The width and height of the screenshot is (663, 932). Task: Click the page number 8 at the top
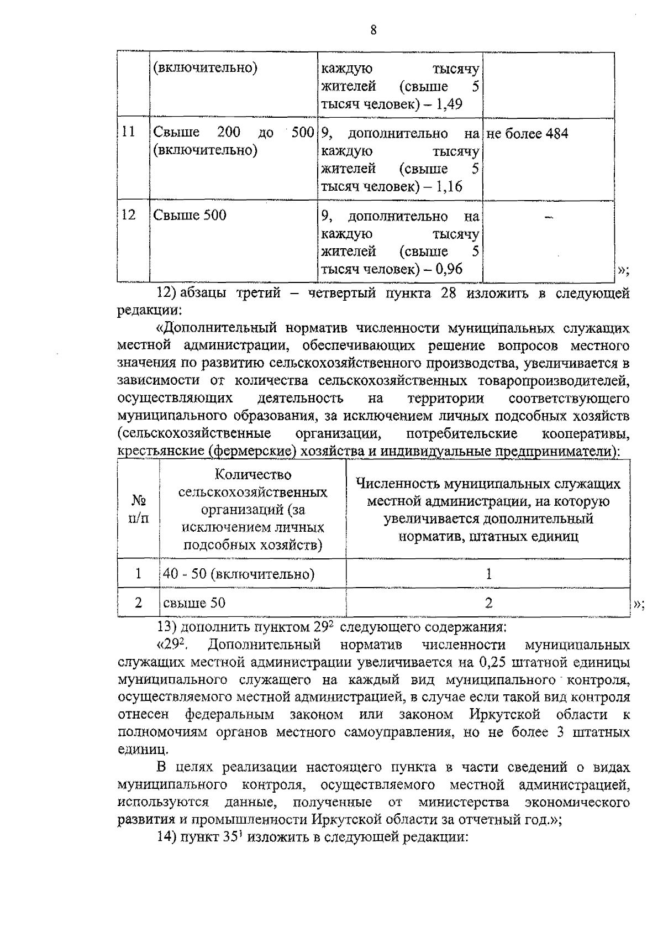(374, 30)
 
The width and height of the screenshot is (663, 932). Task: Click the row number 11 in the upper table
(128, 133)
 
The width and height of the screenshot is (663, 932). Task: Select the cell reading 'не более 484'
(527, 134)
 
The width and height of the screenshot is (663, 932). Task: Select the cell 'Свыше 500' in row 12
(190, 215)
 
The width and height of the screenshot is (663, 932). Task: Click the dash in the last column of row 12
(548, 219)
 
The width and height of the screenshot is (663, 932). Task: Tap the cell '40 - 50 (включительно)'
(239, 574)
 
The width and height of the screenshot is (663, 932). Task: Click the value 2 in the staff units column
(488, 603)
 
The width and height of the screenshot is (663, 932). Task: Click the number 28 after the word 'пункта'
(448, 294)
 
